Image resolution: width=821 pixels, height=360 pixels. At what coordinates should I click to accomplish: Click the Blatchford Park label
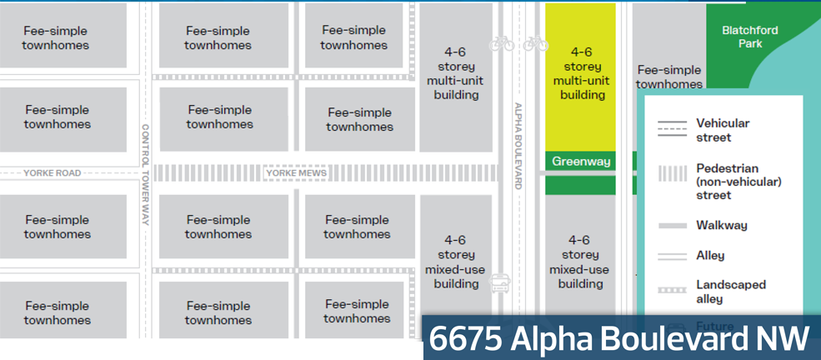[749, 37]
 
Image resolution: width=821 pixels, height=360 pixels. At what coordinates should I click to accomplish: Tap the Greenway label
[581, 161]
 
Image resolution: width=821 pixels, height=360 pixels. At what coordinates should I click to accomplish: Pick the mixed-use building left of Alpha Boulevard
[455, 262]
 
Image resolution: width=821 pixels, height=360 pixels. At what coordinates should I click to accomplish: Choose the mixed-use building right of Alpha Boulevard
[580, 262]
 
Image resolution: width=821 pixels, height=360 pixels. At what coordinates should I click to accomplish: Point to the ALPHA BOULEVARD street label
[518, 146]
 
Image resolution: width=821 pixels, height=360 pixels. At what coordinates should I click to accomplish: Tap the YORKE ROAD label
[53, 173]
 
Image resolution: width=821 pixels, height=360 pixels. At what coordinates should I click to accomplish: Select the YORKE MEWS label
[296, 173]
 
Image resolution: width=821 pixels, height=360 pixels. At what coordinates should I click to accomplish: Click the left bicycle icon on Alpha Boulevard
[503, 43]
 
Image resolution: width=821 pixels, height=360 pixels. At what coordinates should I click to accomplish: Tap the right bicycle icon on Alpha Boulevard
[536, 43]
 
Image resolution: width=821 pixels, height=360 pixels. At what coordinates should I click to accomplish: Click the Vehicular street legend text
[722, 130]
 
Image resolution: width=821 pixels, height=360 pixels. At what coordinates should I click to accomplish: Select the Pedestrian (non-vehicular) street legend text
[727, 181]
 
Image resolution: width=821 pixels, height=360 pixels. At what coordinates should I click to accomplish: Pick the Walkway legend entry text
[722, 225]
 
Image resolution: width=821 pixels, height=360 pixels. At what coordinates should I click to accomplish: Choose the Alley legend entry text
[710, 256]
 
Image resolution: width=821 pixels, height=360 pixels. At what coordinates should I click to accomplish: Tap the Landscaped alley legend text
[730, 291]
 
